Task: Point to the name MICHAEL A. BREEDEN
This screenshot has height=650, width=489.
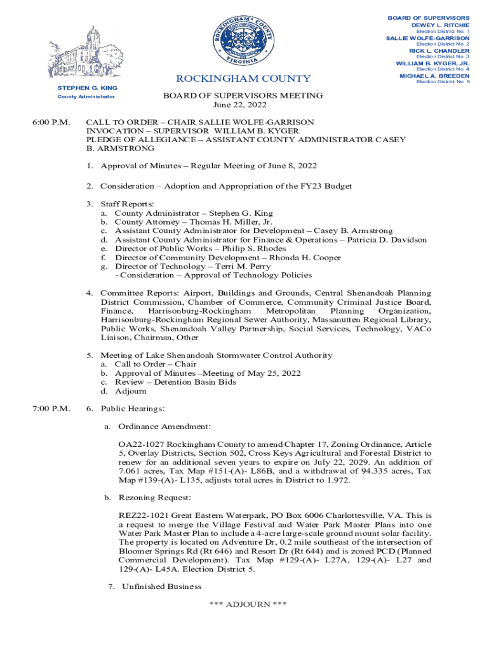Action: click(434, 76)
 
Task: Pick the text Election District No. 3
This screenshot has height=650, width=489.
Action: click(443, 57)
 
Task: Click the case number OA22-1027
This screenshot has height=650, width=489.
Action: click(142, 444)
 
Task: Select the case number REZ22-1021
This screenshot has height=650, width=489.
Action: click(144, 515)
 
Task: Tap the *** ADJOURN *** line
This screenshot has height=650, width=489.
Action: click(248, 604)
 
